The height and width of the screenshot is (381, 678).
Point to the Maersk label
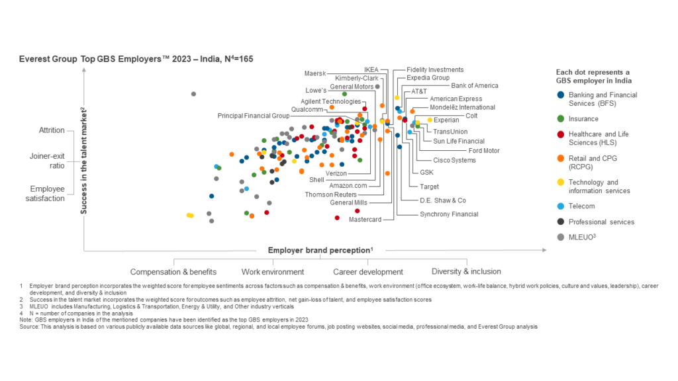(x=315, y=73)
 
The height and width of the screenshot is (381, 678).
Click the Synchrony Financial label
(x=448, y=214)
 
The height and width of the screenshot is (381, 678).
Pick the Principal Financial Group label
(x=254, y=116)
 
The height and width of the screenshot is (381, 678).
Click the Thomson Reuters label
(x=330, y=194)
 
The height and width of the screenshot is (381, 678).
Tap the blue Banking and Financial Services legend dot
(x=561, y=95)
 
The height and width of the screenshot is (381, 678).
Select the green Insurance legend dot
(x=561, y=119)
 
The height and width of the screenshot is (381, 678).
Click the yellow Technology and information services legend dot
(x=561, y=183)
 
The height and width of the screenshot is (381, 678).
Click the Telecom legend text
(x=583, y=206)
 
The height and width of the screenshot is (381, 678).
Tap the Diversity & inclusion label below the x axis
(x=466, y=271)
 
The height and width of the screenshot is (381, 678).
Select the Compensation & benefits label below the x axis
(x=173, y=272)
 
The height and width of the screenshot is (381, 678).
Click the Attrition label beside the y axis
(x=52, y=130)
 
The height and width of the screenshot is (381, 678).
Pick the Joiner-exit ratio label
(x=47, y=161)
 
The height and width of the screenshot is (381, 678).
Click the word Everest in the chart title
(x=34, y=59)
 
